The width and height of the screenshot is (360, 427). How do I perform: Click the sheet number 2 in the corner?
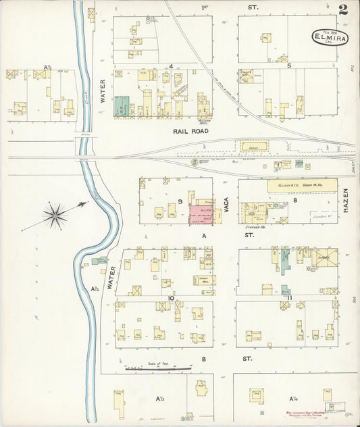pos(344,9)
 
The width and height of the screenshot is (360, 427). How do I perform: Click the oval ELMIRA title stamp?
pos(330,37)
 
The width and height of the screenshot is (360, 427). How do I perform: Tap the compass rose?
pos(55,214)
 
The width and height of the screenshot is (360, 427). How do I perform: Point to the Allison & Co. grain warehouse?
pos(303,184)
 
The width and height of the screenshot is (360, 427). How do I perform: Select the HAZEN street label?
pos(344,201)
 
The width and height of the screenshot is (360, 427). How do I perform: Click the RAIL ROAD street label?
pos(190,130)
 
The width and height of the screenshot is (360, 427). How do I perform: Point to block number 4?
pos(172,66)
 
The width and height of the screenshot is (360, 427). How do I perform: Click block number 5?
pos(288,66)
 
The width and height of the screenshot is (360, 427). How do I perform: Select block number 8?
pos(295,201)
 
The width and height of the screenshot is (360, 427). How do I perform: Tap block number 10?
pos(172,297)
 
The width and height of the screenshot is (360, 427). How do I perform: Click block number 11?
pos(289,297)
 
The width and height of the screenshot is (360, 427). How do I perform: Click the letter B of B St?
pos(203,359)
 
